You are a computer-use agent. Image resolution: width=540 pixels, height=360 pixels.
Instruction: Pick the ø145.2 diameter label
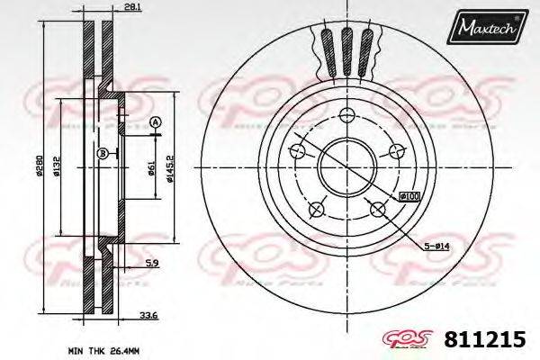tap(169, 166)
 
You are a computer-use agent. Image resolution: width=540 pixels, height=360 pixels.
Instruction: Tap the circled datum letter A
tap(155, 122)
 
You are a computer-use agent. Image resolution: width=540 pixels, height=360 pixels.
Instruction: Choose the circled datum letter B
tap(103, 154)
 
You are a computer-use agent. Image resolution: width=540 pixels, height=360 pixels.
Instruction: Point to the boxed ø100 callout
tap(409, 196)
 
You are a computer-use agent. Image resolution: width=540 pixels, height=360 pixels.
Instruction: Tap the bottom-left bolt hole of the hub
tap(316, 210)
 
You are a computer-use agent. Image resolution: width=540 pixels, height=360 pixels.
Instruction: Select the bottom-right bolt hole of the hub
tap(377, 210)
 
